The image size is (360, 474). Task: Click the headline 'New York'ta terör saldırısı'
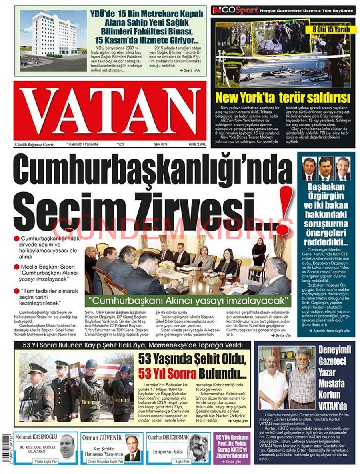point(282,97)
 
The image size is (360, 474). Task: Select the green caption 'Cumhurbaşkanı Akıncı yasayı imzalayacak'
point(190,299)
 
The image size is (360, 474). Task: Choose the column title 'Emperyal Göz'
point(168,452)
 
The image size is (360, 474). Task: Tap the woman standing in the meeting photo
point(258,252)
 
